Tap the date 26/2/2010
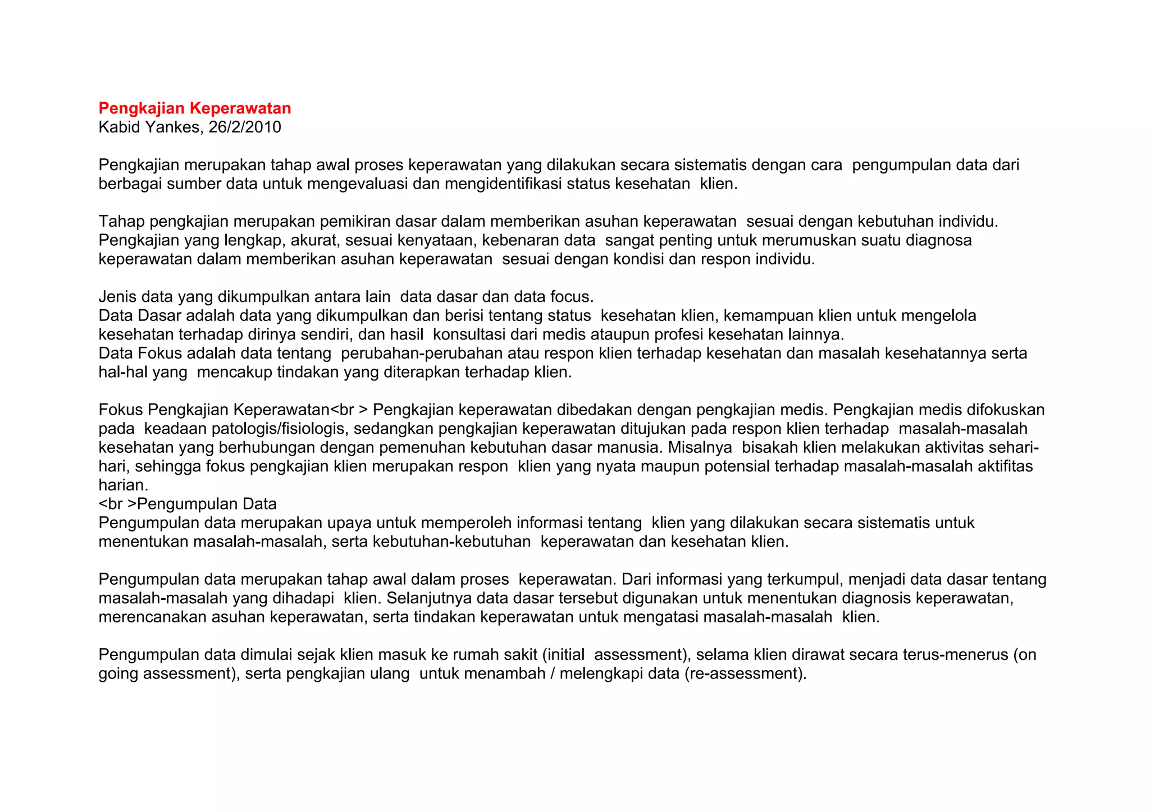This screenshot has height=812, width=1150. [x=245, y=127]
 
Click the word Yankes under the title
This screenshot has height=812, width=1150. [x=172, y=127]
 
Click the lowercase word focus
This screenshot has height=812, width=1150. [x=570, y=297]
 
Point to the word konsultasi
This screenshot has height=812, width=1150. [x=469, y=335]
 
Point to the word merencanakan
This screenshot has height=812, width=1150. [x=153, y=617]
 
